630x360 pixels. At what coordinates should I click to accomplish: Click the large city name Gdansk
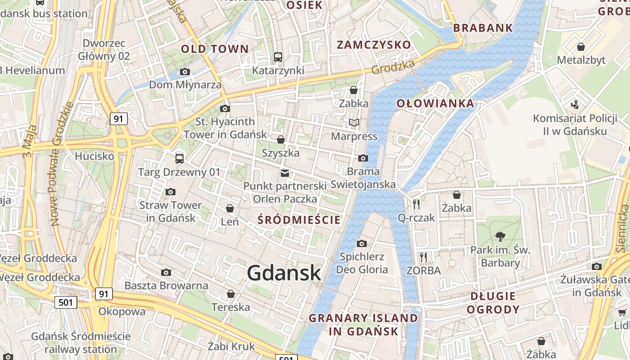[x=284, y=273]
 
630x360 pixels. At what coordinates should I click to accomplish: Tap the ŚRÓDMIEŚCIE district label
[x=299, y=220]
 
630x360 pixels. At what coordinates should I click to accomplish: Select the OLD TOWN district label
[x=215, y=49]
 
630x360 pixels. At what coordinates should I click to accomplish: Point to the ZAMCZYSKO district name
[x=374, y=45]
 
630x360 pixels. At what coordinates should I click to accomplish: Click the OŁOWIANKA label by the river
[x=435, y=103]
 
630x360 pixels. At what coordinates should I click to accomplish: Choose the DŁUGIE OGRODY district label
[x=493, y=303]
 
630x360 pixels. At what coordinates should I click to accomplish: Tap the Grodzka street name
[x=393, y=67]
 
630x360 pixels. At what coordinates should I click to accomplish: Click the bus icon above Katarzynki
[x=278, y=57]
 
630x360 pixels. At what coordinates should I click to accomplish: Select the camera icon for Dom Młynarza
[x=184, y=72]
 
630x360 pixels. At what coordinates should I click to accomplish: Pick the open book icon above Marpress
[x=354, y=122]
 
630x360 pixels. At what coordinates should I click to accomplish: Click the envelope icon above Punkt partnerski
[x=284, y=173]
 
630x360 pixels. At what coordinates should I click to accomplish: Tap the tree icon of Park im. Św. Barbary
[x=500, y=237]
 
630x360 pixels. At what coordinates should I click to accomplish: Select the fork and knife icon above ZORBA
[x=423, y=257]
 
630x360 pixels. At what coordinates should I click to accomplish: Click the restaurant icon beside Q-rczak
[x=416, y=204]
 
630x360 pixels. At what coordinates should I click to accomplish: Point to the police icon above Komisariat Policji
[x=574, y=105]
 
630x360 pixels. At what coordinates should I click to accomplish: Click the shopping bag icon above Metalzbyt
[x=581, y=47]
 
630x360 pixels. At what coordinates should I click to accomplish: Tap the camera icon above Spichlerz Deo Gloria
[x=361, y=243]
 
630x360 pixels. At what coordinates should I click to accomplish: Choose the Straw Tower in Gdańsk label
[x=171, y=211]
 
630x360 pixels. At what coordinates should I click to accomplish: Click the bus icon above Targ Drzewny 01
[x=179, y=158]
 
